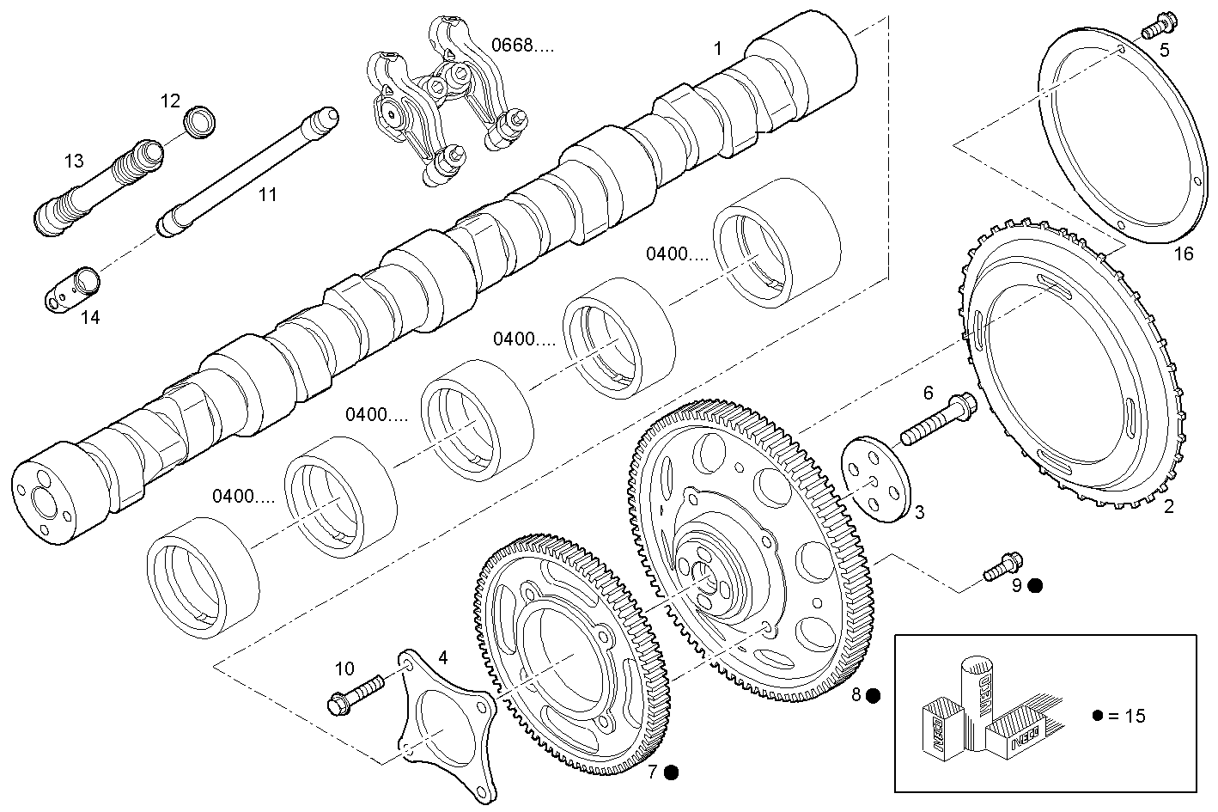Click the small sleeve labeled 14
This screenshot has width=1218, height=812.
pyautogui.click(x=73, y=288)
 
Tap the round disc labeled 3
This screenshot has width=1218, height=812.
pyautogui.click(x=873, y=477)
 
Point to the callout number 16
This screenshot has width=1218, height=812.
pyautogui.click(x=1183, y=253)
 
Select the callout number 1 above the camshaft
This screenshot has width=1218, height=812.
pyautogui.click(x=718, y=49)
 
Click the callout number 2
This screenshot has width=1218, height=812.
pyautogui.click(x=1168, y=507)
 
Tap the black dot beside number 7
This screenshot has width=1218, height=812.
pyautogui.click(x=672, y=772)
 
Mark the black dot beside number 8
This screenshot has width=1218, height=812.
pyautogui.click(x=873, y=695)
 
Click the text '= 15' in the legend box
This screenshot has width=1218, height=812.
pyautogui.click(x=1125, y=716)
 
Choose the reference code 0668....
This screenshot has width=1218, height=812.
pyautogui.click(x=522, y=46)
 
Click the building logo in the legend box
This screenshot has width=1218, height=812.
pyautogui.click(x=979, y=711)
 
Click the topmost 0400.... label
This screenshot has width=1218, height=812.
pyautogui.click(x=678, y=253)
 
